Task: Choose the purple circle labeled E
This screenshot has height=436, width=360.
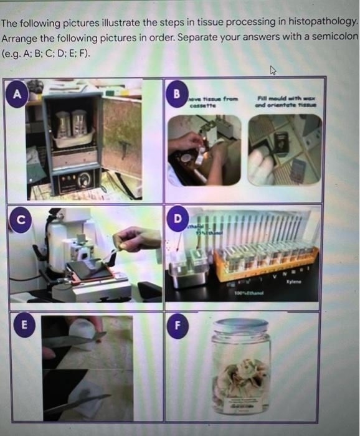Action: [24, 325]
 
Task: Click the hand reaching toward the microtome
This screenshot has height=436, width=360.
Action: [138, 239]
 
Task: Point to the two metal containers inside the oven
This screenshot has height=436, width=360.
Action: [70, 123]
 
